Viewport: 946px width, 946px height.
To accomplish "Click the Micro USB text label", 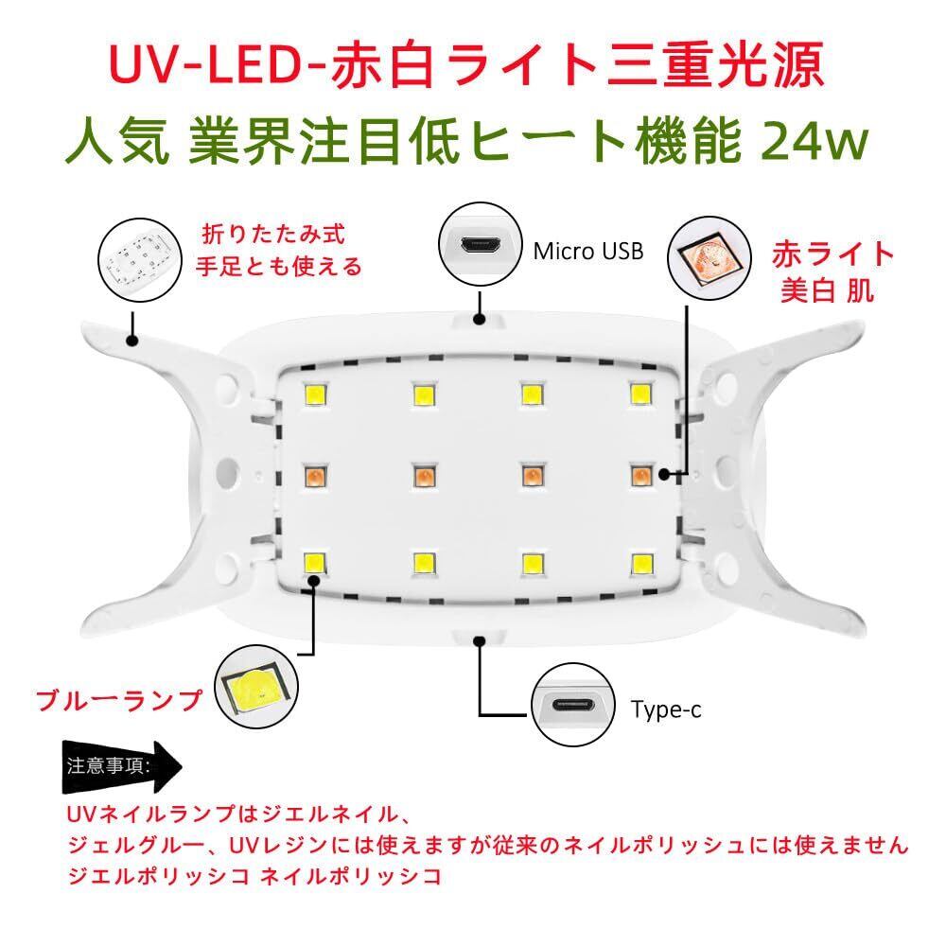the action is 588,251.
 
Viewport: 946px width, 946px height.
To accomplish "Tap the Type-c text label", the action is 666,709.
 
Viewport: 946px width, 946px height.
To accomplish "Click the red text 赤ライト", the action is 832,254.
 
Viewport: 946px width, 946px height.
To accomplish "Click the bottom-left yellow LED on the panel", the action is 313,562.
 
